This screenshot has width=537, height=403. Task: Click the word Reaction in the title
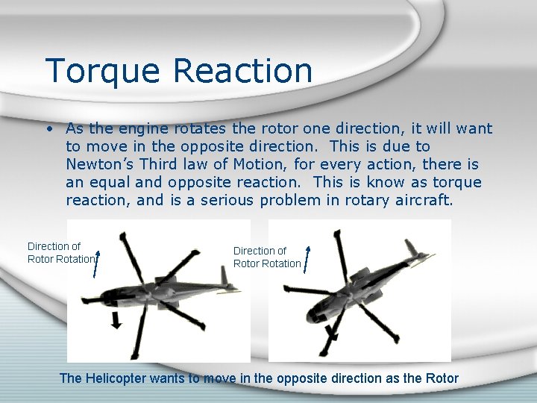(243, 70)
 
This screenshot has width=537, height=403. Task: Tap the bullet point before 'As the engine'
(48, 129)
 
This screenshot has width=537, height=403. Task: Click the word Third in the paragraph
(162, 164)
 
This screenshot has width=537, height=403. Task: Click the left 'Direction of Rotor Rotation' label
(60, 252)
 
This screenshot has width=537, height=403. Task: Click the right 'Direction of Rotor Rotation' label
(267, 257)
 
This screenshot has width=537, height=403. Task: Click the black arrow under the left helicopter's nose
(116, 321)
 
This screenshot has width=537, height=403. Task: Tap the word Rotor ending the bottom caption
(442, 378)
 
